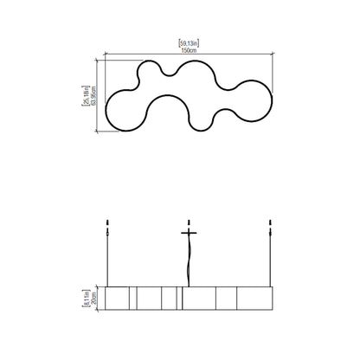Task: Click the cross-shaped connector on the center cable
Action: [x=189, y=232]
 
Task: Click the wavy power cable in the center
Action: [x=187, y=260]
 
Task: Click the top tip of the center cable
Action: [x=189, y=220]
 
